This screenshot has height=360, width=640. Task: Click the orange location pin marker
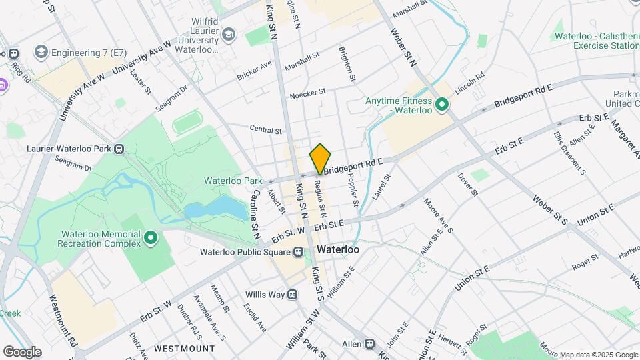click(321, 159)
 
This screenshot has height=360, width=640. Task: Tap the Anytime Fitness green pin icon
click(441, 105)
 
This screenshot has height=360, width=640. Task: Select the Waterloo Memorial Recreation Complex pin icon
click(151, 237)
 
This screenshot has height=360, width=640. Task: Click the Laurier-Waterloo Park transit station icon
click(119, 149)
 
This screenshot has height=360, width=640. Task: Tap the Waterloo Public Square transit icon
click(298, 252)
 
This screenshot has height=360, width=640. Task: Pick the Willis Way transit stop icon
click(291, 294)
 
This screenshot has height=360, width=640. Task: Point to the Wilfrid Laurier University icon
click(229, 35)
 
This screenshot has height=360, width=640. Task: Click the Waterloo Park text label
click(233, 181)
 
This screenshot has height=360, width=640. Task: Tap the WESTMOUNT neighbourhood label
click(185, 349)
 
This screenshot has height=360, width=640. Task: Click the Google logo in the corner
click(22, 352)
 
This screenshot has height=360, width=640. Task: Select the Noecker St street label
click(307, 93)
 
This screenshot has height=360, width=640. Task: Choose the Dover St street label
click(468, 185)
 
